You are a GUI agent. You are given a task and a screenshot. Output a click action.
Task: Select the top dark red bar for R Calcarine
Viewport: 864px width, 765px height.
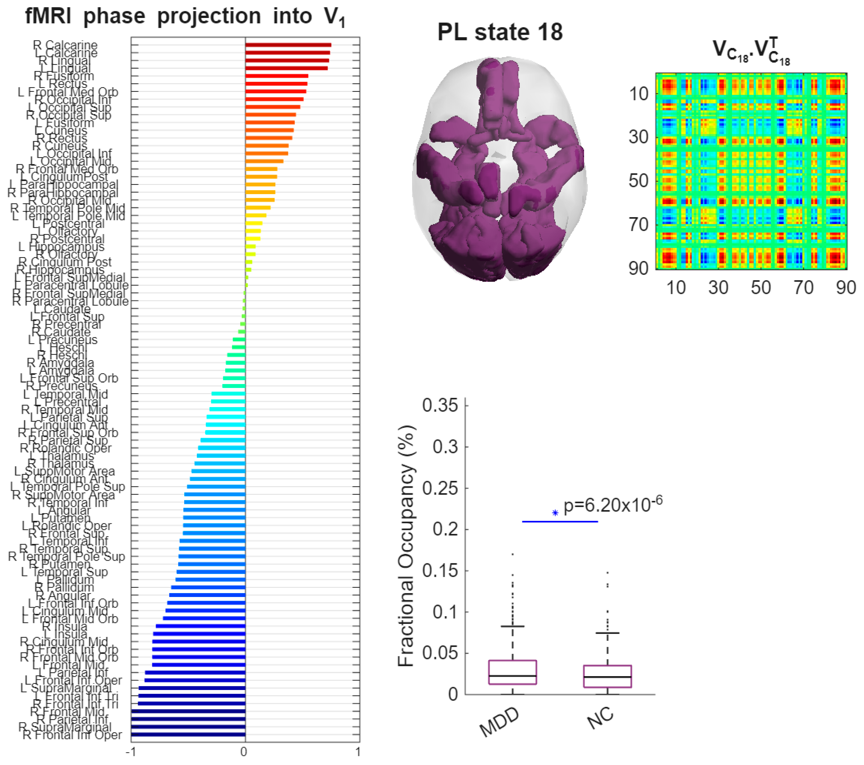[288, 45]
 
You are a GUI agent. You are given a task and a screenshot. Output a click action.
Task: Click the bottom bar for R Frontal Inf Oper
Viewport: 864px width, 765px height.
[188, 735]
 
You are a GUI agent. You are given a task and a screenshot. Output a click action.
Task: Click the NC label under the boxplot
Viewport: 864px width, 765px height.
[600, 718]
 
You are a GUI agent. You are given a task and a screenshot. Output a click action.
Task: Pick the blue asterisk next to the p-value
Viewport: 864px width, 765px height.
[555, 513]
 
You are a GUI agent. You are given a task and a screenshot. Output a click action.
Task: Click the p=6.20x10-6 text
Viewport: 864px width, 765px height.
[613, 505]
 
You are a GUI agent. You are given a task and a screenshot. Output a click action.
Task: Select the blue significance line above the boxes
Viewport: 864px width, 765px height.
[560, 521]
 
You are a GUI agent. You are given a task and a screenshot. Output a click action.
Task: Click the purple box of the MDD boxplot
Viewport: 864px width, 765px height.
[512, 672]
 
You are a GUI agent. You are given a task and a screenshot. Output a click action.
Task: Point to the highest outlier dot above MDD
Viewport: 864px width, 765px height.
[513, 554]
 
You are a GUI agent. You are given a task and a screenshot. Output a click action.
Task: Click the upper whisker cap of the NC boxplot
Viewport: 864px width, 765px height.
[607, 633]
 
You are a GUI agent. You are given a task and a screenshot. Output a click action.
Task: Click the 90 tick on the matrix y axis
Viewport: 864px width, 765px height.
[638, 268]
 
